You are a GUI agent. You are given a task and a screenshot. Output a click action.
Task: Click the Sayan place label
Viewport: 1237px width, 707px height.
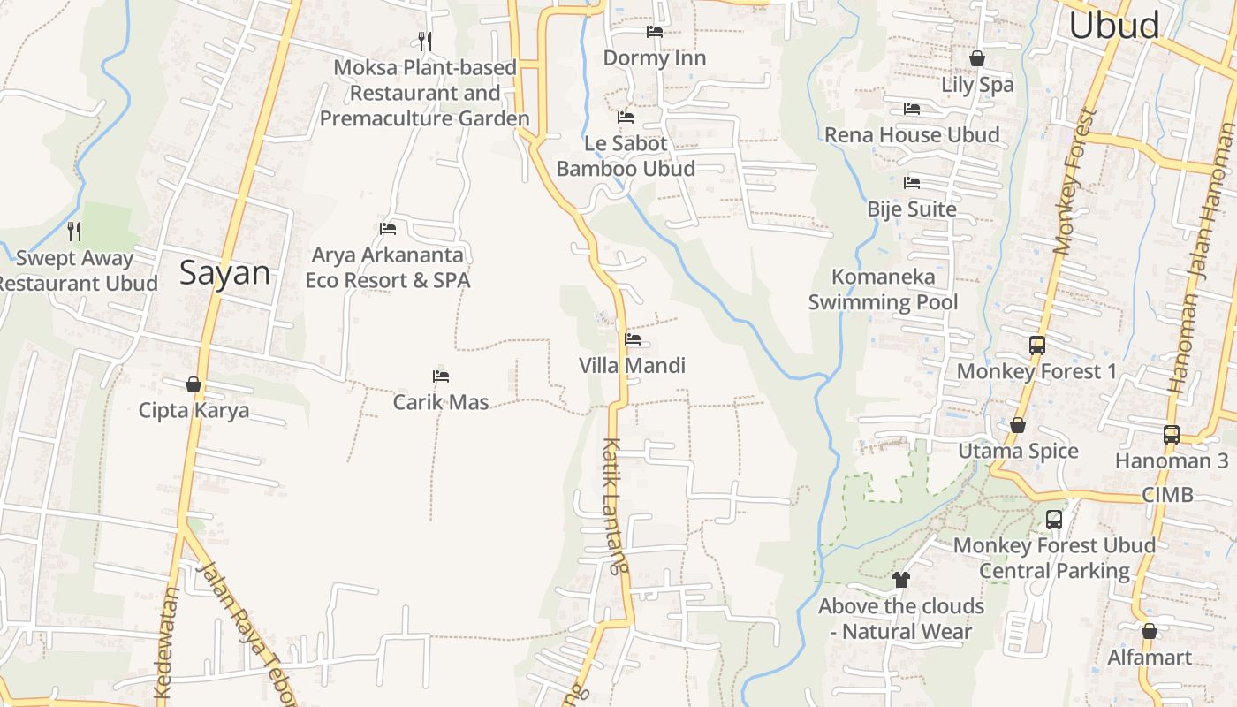[x=224, y=273]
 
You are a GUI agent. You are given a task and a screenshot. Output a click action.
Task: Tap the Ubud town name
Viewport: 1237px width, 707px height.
[x=1113, y=25]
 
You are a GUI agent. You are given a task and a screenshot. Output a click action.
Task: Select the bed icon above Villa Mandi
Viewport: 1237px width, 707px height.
[x=633, y=338]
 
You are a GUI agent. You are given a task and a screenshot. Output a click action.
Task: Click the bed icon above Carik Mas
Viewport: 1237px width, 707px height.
[x=441, y=376]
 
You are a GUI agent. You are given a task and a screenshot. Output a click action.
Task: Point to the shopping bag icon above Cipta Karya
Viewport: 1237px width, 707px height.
[x=194, y=384]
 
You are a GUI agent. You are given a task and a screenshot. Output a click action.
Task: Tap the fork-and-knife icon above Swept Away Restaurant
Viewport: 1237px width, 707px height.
[x=75, y=232]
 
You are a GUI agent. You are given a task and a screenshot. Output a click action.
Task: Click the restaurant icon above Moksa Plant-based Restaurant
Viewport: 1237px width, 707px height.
[x=425, y=41]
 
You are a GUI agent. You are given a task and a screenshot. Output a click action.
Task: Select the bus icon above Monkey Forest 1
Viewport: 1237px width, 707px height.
[x=1037, y=346]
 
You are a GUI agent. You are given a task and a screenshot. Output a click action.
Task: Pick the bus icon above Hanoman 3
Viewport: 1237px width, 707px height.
[x=1172, y=435]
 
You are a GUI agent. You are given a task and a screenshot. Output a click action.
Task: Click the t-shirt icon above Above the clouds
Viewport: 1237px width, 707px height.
[x=900, y=580]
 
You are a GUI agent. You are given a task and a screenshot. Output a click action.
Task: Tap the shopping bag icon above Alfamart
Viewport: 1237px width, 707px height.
[x=1150, y=632]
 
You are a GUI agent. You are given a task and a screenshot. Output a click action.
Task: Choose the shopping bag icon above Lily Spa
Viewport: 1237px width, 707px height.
[x=977, y=58]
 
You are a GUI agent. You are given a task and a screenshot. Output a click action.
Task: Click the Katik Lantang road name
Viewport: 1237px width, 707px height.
[x=615, y=506]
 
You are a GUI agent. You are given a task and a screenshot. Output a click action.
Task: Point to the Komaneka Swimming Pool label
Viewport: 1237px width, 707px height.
[x=883, y=289]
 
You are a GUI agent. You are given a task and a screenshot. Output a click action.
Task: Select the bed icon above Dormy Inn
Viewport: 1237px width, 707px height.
[x=655, y=32]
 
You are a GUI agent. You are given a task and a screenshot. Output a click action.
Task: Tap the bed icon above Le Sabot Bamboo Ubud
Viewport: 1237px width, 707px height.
[x=626, y=117]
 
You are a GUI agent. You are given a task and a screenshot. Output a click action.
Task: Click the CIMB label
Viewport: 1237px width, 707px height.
[x=1167, y=494]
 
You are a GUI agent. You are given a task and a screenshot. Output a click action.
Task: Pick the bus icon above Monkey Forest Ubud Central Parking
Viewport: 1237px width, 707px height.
[x=1054, y=520]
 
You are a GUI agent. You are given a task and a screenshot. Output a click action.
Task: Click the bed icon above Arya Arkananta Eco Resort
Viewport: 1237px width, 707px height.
[x=388, y=229]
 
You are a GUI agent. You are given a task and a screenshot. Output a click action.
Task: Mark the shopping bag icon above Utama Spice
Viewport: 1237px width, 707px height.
[x=1018, y=425]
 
